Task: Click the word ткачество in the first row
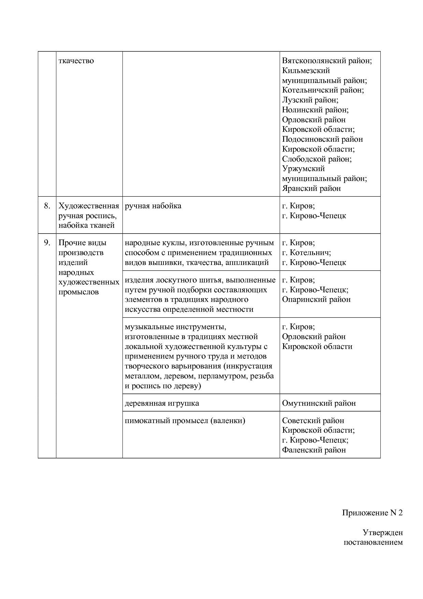[76, 61]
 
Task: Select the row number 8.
[47, 206]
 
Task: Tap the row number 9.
[47, 243]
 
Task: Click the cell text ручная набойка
[153, 206]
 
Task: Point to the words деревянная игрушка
[162, 403]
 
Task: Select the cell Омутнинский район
[319, 403]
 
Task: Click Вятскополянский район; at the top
[327, 61]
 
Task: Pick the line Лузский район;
[310, 100]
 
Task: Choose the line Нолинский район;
[315, 110]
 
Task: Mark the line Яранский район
[311, 189]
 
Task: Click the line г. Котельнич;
[306, 253]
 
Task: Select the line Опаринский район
[316, 299]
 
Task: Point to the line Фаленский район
[314, 450]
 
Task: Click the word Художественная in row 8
[89, 206]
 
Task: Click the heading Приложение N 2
[372, 513]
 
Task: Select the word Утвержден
[382, 533]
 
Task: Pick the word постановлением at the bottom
[373, 542]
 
